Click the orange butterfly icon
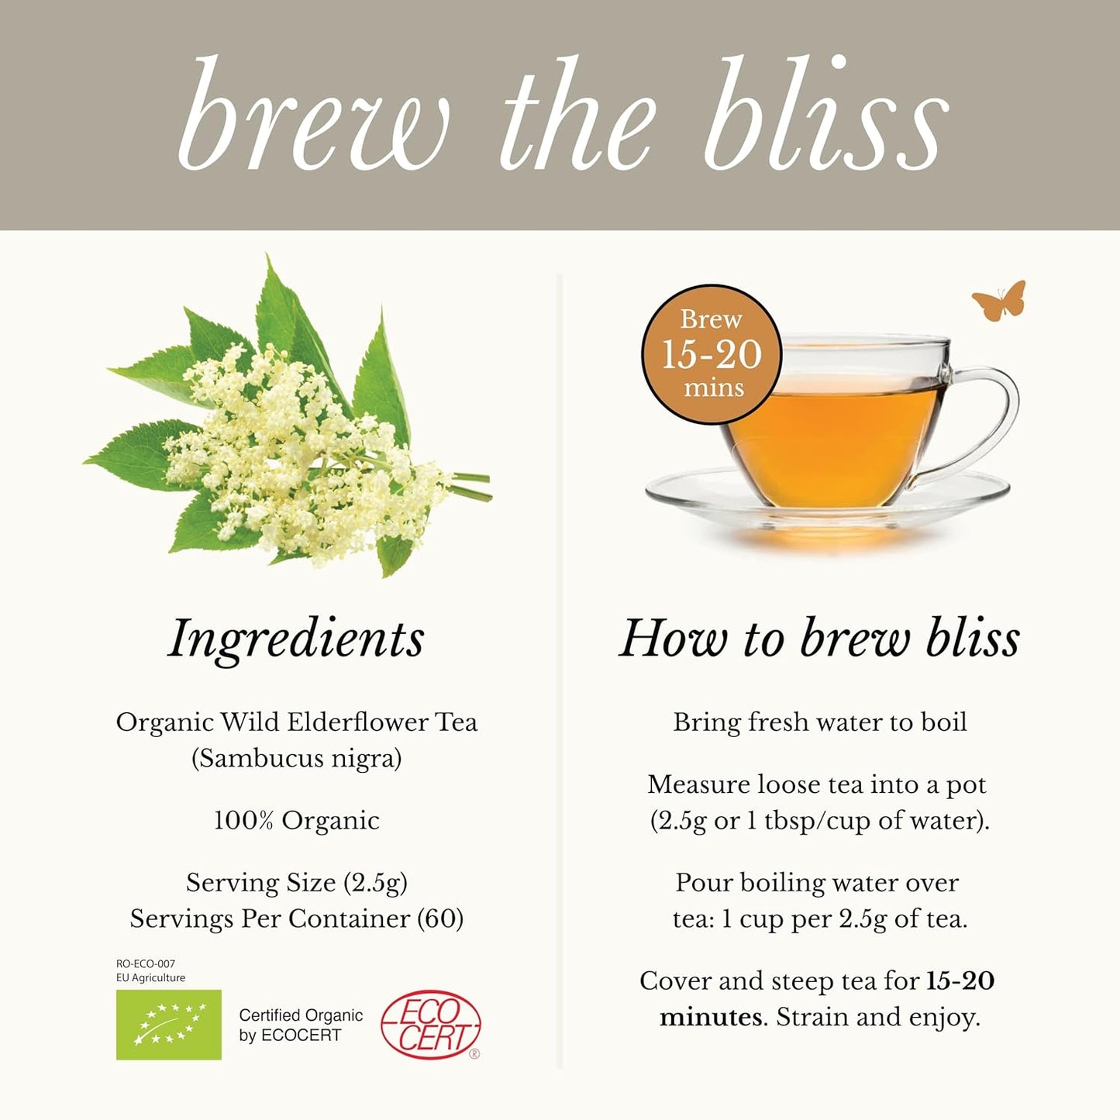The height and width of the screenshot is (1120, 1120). tap(999, 301)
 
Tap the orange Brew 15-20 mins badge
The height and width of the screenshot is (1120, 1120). tap(712, 354)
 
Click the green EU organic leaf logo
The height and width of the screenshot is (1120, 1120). tap(169, 1025)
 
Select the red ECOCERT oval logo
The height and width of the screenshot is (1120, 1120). tap(431, 1025)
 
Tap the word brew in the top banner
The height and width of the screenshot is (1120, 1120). tap(314, 116)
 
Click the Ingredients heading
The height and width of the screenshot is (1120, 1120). tap(296, 639)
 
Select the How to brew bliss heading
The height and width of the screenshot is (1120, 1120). tap(819, 639)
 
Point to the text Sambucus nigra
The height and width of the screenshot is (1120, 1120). tap(297, 758)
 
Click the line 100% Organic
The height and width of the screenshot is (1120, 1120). tap(297, 820)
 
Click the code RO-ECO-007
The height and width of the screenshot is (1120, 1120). tap(146, 963)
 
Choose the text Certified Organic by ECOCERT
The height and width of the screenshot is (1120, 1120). tap(301, 1025)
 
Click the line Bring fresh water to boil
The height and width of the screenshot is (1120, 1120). tap(819, 722)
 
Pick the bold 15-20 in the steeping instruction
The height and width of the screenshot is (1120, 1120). tap(960, 980)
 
